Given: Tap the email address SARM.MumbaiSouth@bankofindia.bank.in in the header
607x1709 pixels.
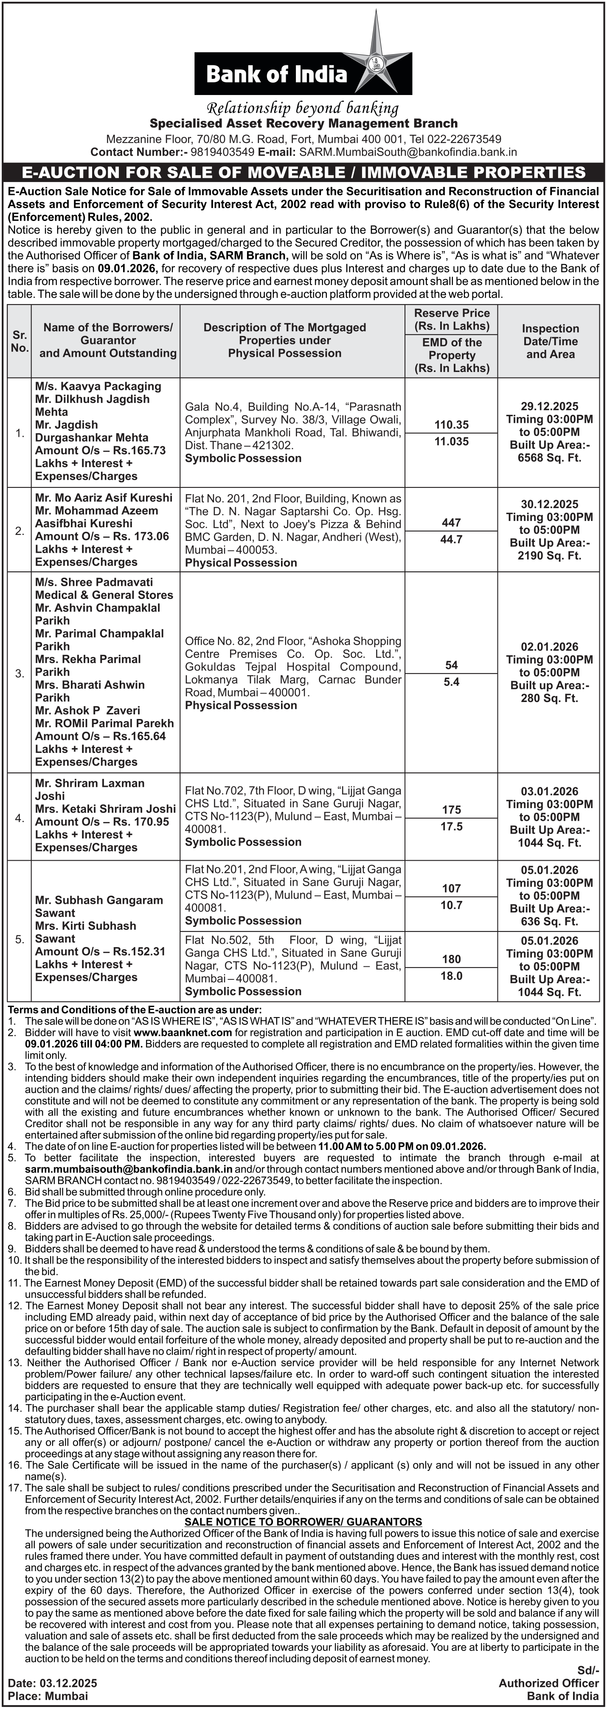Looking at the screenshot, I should (x=408, y=152).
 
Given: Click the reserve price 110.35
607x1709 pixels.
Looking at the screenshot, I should (x=452, y=425).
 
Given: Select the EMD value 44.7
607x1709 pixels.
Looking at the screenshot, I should (x=452, y=540).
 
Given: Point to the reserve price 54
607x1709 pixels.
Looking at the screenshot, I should (x=452, y=665).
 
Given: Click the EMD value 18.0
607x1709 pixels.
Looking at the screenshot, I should (x=452, y=976).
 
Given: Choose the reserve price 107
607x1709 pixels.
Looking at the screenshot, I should (x=452, y=888).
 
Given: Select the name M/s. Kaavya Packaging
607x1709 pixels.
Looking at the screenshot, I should (x=98, y=386).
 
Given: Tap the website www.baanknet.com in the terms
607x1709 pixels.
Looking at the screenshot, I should (x=183, y=1032).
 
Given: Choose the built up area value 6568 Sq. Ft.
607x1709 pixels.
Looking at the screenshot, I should (x=550, y=458).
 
